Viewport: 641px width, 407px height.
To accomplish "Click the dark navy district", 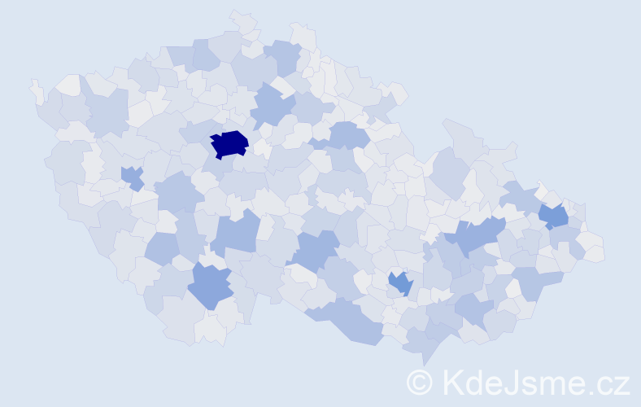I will coord(229,144).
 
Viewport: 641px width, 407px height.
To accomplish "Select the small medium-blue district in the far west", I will coord(132,176).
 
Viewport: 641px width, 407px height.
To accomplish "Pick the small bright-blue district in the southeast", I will coord(400,283).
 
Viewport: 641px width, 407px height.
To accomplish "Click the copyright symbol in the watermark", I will coord(420,381).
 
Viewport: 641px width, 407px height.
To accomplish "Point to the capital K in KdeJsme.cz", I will coord(452,381).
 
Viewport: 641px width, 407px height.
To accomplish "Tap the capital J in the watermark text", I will coord(512,381).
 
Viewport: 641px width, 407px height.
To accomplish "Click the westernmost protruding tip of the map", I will coord(32,82).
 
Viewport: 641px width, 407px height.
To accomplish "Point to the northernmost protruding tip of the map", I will coord(236,13).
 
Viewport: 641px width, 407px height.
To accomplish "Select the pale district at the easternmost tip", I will coord(595,252).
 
